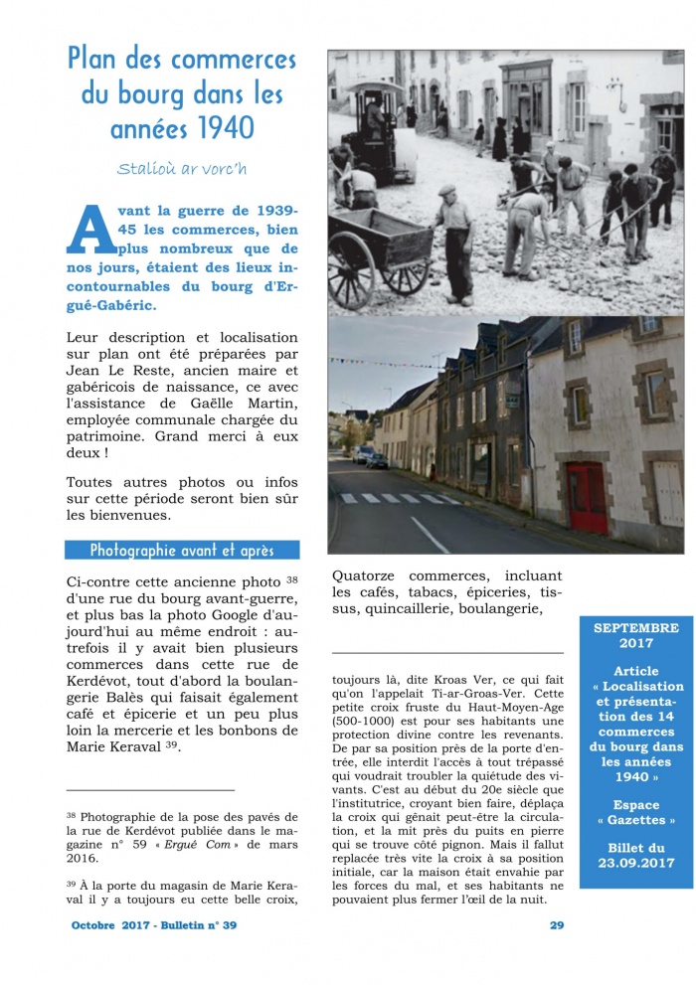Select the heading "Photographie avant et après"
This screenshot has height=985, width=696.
(181, 550)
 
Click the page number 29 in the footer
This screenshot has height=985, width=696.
(557, 925)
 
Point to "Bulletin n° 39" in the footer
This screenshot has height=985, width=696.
(198, 925)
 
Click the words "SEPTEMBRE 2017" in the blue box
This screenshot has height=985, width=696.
(636, 636)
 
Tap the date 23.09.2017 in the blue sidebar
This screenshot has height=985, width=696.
(636, 863)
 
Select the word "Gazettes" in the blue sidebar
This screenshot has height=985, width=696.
(636, 820)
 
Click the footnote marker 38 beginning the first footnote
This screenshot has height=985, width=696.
(72, 814)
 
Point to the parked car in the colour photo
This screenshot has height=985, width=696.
(376, 460)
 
